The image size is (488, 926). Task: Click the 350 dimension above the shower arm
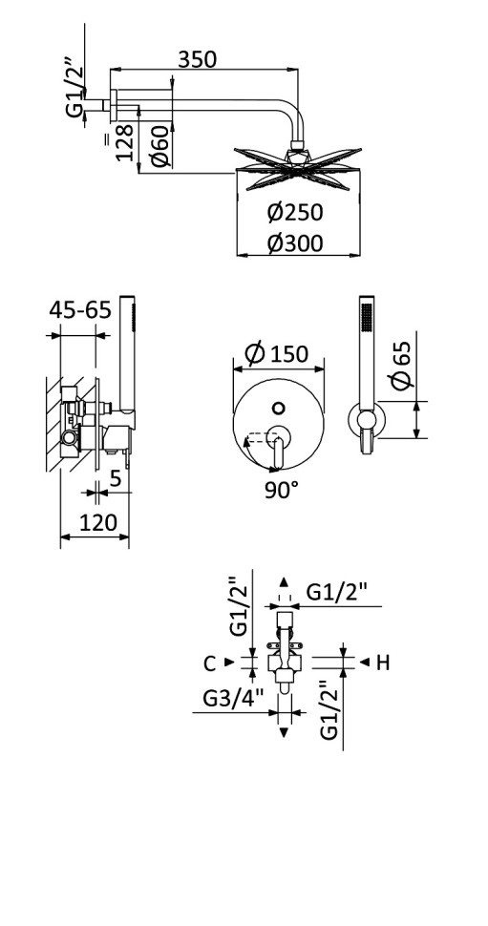tap(198, 59)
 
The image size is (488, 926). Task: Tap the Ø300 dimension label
tap(294, 243)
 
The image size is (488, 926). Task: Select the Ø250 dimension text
tap(294, 212)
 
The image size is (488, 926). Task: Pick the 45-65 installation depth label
tap(80, 310)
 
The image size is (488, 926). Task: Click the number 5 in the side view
tap(115, 479)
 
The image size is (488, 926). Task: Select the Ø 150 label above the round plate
tap(277, 353)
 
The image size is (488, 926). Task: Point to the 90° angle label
tap(281, 491)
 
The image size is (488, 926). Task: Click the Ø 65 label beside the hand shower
tap(402, 365)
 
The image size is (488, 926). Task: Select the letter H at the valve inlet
tap(382, 662)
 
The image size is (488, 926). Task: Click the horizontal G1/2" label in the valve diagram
tap(338, 593)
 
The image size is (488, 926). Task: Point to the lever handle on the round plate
tap(279, 449)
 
